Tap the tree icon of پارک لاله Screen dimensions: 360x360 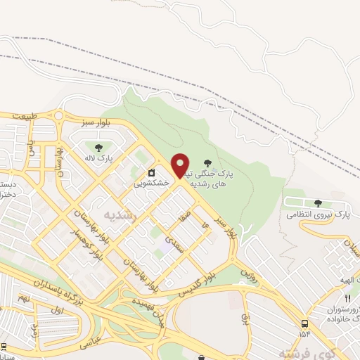(98, 148)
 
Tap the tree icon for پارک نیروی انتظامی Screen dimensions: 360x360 (318, 203)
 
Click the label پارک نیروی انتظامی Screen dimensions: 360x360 (321, 214)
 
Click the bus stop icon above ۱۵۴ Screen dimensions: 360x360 (304, 323)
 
